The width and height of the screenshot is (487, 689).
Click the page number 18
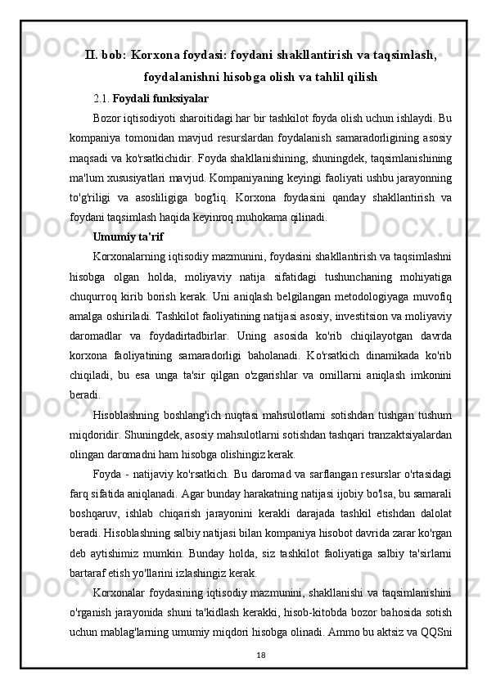pyautogui.click(x=260, y=655)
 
